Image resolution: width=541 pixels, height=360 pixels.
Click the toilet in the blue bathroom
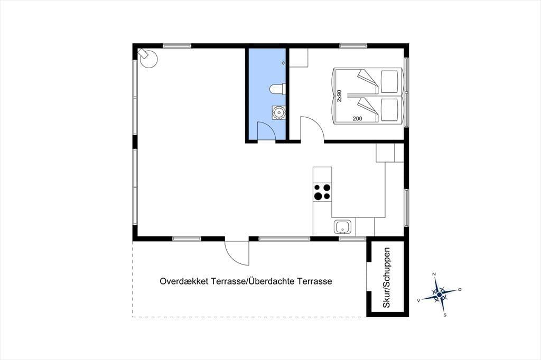277,89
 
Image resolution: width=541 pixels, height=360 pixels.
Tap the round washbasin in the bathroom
278,112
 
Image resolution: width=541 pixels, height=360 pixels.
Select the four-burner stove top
322,192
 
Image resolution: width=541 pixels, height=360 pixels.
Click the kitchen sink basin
342,227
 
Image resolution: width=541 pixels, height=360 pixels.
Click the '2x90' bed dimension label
339,96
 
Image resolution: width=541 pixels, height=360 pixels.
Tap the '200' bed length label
358,119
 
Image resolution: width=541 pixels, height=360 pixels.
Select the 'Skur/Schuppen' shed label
387,278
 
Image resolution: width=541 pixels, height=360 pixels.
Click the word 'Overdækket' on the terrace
184,281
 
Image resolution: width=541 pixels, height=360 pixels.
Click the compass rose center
439,295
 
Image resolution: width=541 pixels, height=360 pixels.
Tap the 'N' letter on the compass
434,274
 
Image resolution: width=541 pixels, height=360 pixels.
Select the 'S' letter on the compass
445,315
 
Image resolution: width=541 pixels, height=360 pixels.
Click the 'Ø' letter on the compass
460,289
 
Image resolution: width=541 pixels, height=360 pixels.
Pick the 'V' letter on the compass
418,301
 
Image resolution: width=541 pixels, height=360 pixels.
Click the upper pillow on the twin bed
389,81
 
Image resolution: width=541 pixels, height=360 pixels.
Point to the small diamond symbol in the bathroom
284,63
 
